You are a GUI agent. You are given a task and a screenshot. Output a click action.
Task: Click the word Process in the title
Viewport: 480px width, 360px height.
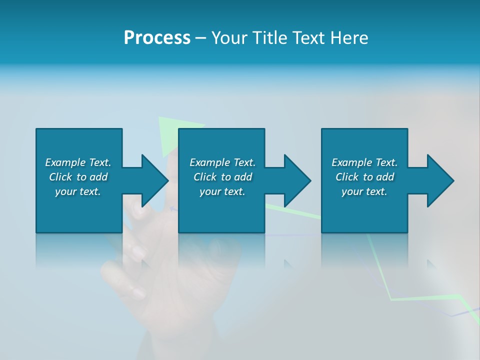157,38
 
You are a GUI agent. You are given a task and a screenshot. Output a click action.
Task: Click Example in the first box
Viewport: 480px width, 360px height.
65,162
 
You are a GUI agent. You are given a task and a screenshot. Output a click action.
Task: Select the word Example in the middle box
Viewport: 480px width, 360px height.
209,162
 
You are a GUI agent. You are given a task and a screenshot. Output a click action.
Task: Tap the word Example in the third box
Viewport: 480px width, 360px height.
351,162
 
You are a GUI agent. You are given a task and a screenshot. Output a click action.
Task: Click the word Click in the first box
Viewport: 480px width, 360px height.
60,177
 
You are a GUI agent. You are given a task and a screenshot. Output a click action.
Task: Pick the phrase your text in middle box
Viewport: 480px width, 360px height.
222,191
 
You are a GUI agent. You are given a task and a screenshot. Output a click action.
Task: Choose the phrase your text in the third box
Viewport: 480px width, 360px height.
364,191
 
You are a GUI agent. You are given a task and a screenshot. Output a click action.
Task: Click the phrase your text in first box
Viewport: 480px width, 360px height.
77,191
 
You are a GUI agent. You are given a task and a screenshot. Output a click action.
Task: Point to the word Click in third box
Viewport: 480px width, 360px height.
347,177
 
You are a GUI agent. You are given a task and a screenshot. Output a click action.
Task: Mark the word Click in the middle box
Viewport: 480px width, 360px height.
205,177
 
